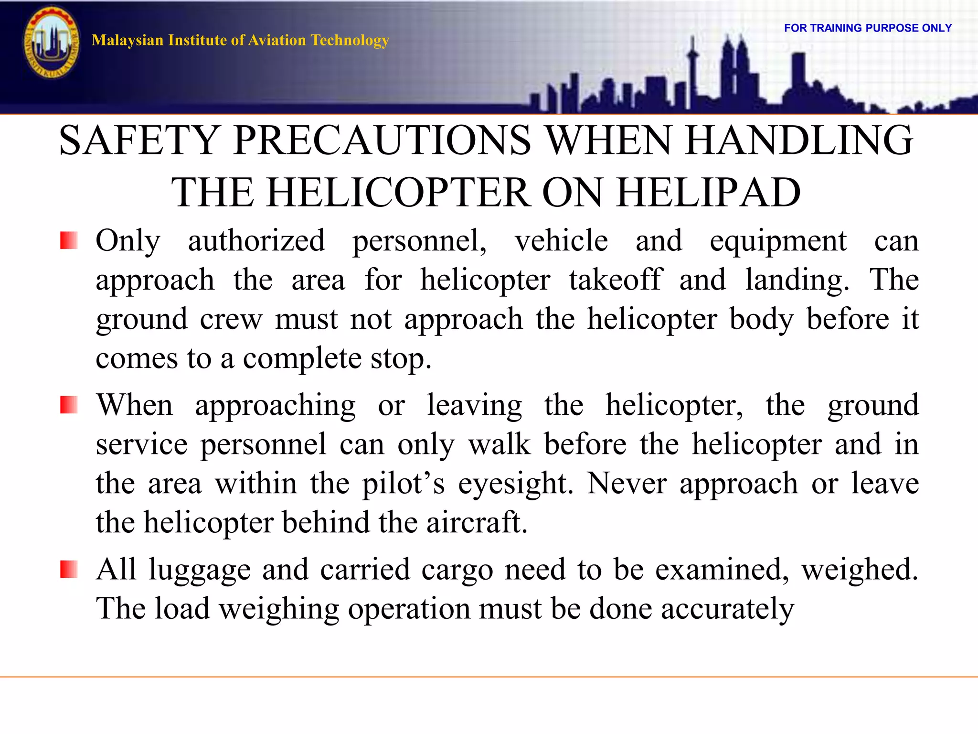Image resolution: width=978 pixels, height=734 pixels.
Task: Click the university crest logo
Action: [x=52, y=43]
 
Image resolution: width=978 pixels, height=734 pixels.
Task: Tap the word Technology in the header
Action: [x=350, y=40]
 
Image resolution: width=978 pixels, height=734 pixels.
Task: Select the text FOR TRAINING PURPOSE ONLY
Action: [x=868, y=28]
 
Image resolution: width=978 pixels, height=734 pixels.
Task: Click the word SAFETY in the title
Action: [x=139, y=140]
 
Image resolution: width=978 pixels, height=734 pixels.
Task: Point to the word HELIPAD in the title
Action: [x=709, y=192]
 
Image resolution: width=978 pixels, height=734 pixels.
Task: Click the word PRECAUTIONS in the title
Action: [x=382, y=140]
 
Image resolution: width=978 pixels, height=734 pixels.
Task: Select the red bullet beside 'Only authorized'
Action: [x=69, y=240]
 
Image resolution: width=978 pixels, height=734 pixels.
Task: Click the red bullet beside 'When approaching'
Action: [x=69, y=405]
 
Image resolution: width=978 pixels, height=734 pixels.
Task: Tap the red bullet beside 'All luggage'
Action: [x=69, y=570]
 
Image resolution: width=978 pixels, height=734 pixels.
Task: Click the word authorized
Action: [x=256, y=240]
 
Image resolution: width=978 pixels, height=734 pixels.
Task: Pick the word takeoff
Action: [x=615, y=280]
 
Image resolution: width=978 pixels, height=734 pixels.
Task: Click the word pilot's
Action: [x=404, y=484]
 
